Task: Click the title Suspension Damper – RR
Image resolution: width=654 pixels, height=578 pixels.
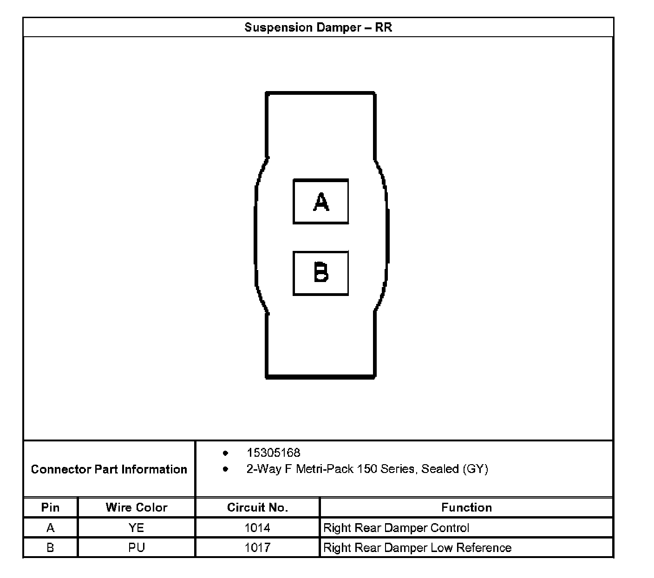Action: pos(318,27)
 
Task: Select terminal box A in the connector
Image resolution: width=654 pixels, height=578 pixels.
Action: pos(320,202)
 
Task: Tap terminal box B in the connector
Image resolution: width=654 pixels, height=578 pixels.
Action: pos(320,273)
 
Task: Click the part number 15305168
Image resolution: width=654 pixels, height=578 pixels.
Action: pos(273,453)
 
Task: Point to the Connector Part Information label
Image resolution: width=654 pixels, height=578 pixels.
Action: pos(109,469)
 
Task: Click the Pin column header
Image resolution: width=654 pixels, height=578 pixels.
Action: pos(50,507)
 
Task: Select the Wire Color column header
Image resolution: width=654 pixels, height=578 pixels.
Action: pos(136,507)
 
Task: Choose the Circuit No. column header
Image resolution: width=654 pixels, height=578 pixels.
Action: pos(257,507)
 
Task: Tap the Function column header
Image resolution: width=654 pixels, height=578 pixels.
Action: pos(466,507)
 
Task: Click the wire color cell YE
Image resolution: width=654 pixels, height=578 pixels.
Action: pos(136,528)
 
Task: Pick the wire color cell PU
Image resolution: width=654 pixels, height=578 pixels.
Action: pos(136,548)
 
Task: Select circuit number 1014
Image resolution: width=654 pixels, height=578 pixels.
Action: pos(257,528)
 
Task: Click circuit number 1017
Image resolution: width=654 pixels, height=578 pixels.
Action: pos(257,548)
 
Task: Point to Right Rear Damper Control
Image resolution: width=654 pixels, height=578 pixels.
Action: pos(396,528)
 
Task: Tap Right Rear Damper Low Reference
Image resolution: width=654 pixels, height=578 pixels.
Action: pos(417,548)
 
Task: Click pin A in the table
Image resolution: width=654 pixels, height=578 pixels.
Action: pos(50,528)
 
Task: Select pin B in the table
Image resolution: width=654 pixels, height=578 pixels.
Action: pos(50,548)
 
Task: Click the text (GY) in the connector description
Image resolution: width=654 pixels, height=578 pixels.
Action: pos(475,469)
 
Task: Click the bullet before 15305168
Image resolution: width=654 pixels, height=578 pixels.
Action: pos(226,453)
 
